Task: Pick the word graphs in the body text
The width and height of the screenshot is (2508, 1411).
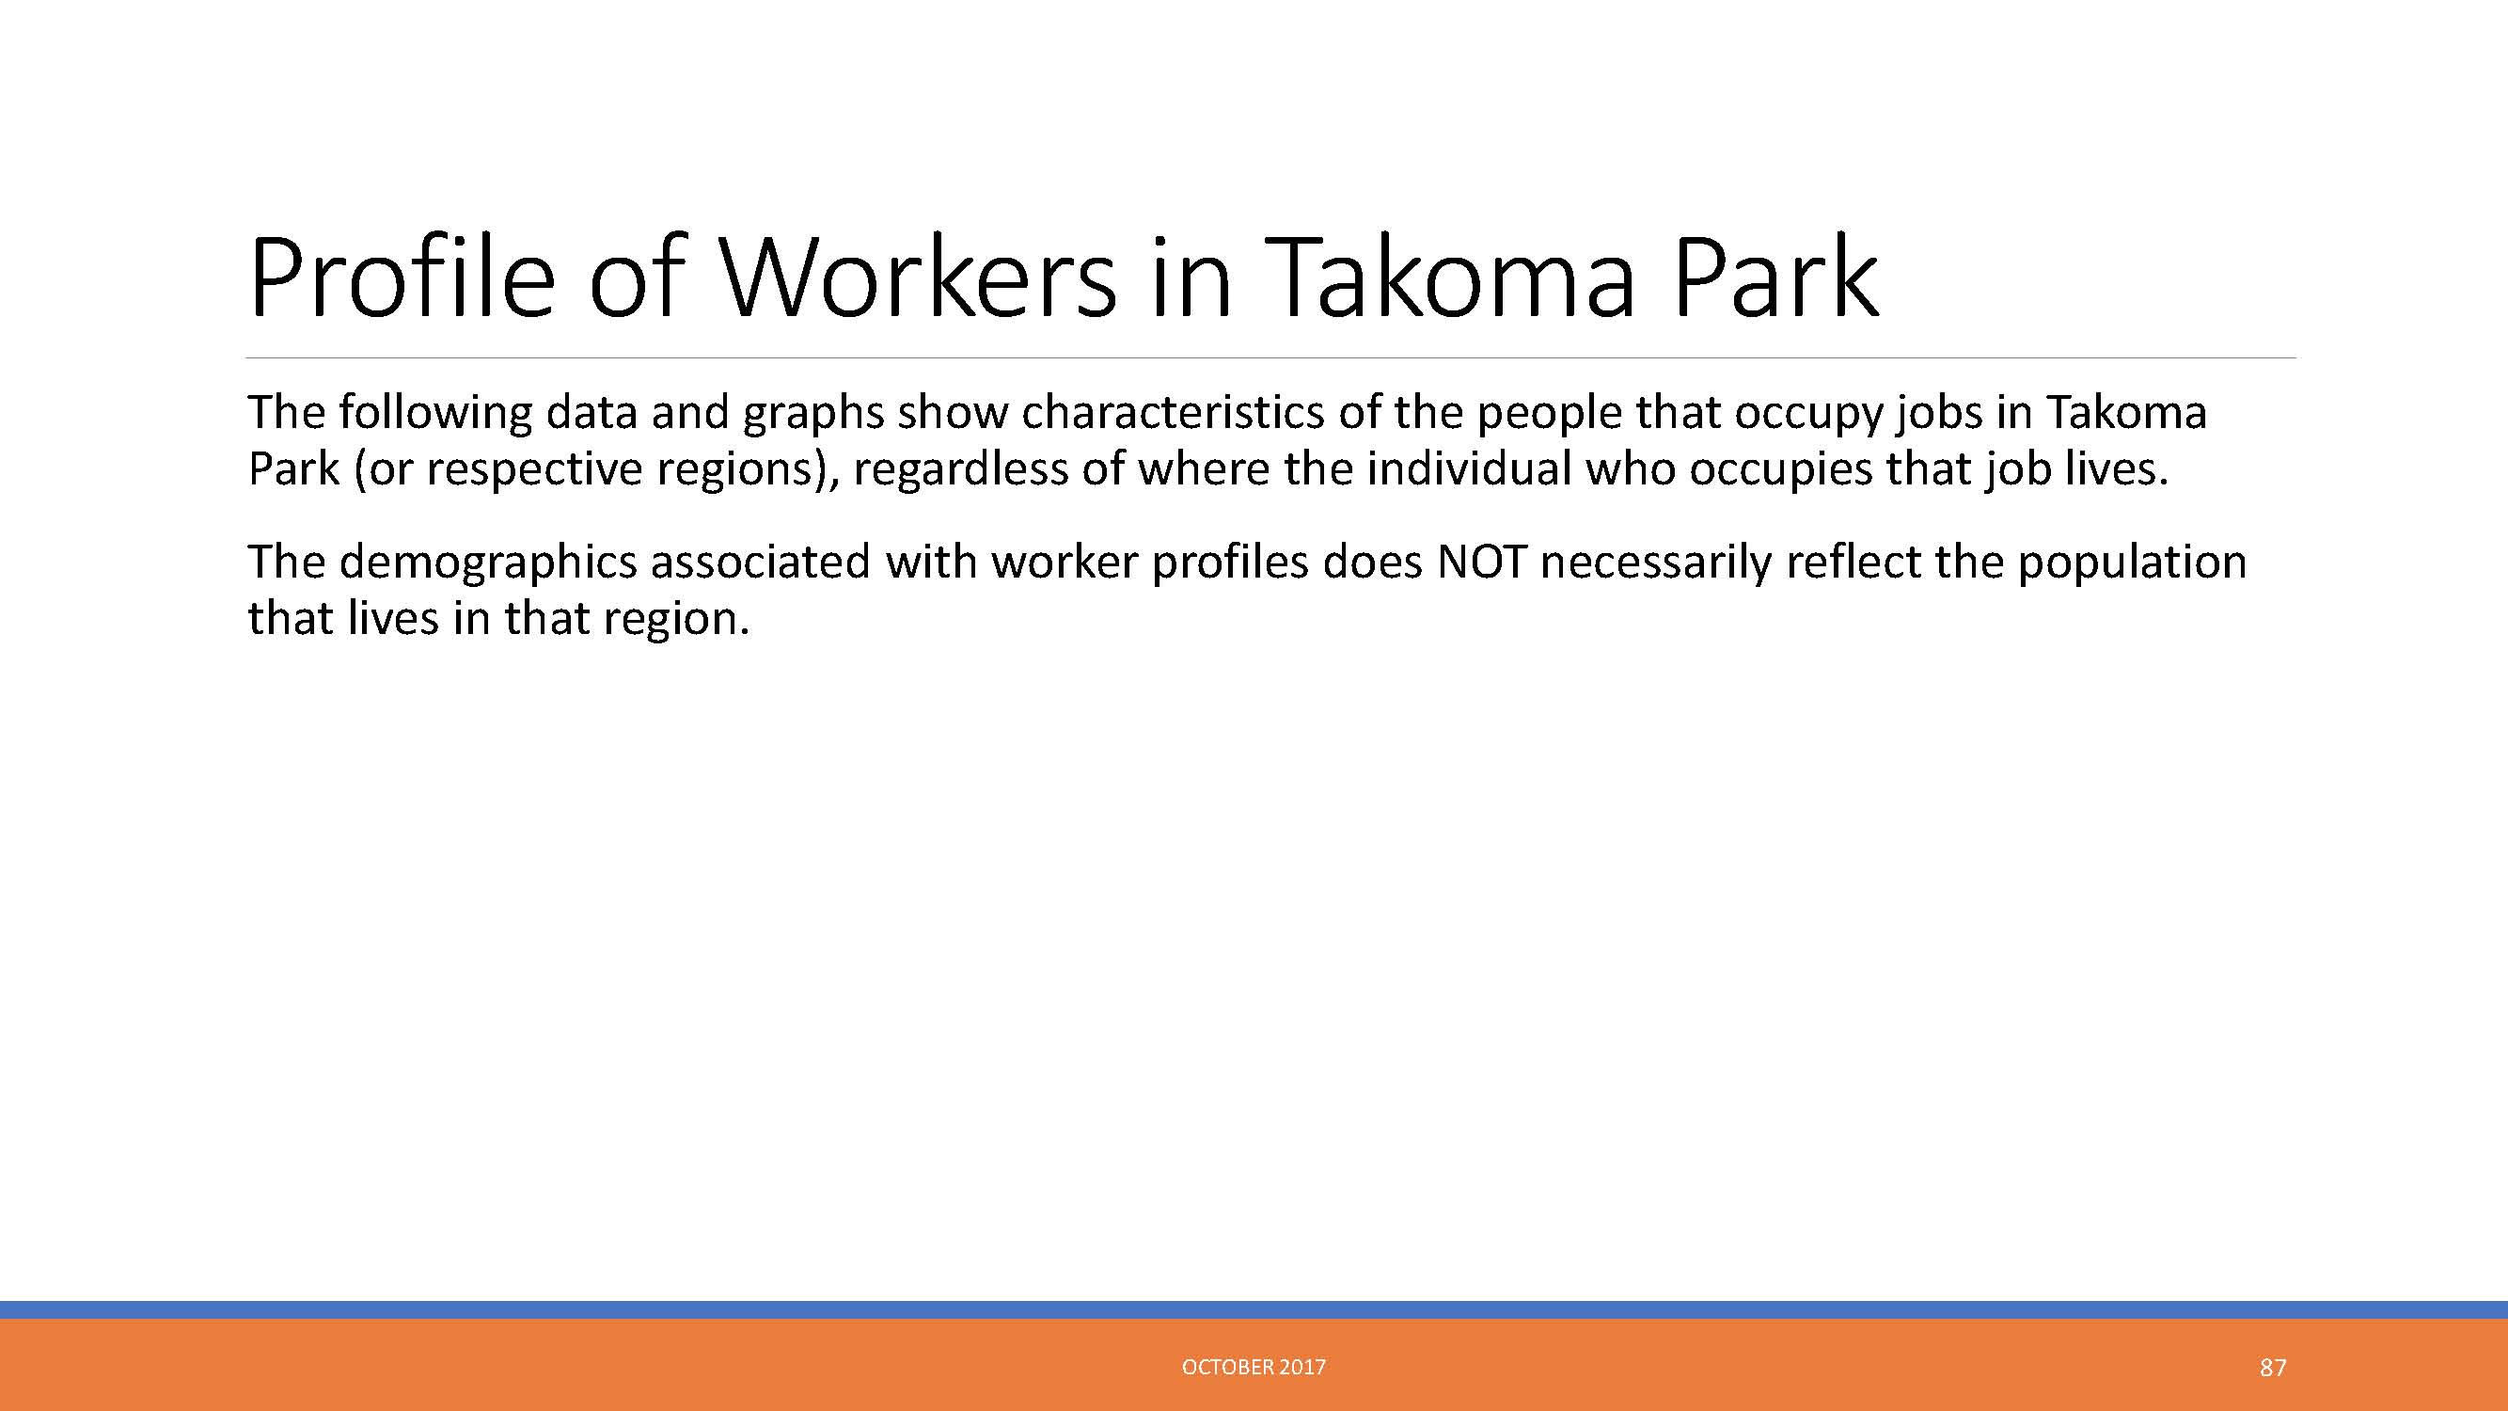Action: coord(812,413)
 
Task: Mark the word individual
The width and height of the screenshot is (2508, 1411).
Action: coord(1469,468)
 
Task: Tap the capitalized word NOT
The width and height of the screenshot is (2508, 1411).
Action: coord(1481,562)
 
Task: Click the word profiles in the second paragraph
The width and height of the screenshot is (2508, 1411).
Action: coord(1230,563)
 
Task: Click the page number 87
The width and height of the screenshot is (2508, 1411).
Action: coord(2272,1368)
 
